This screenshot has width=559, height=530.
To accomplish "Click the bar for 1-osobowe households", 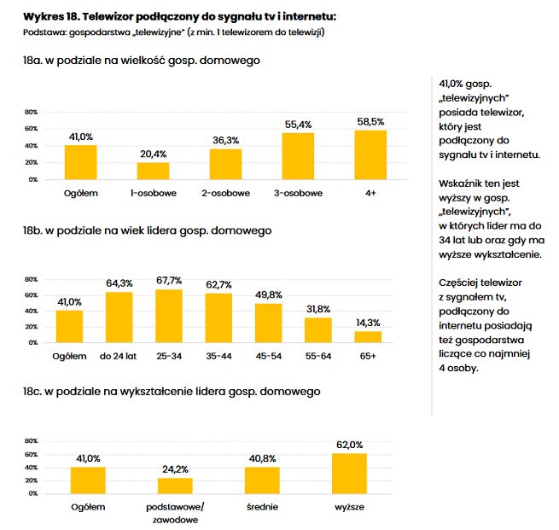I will tap(154, 171).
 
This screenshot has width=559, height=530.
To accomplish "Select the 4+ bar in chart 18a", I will tap(370, 154).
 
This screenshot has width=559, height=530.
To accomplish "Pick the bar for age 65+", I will tap(368, 336).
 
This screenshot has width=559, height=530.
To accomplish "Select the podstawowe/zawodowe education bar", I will tap(176, 485).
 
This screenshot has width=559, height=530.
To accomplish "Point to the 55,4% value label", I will tap(298, 124).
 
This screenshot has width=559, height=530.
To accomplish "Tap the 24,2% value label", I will tap(176, 469).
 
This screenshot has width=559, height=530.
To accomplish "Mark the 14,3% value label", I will tap(368, 323).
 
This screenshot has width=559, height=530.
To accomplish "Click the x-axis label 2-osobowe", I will tap(225, 193).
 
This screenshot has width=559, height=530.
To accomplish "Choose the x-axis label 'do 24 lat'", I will tap(120, 355).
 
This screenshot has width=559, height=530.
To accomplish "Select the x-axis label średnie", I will tap(262, 507).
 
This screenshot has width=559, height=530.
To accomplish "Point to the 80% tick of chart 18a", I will tap(31, 113).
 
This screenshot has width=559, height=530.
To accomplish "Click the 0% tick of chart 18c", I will tap(32, 493).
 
